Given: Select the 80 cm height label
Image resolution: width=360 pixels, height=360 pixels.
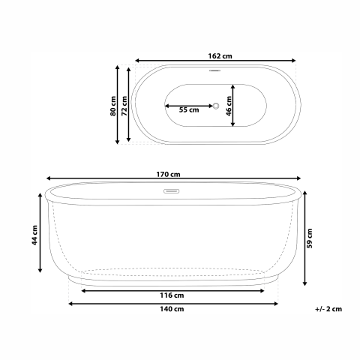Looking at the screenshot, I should click(113, 106).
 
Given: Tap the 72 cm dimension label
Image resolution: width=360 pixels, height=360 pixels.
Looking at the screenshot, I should click(124, 106).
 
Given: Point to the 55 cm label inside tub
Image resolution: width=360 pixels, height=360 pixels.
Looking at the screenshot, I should click(189, 110).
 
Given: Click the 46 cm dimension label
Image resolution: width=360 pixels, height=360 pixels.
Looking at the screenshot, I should click(239, 105).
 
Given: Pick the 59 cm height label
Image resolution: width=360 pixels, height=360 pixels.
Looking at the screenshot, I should click(309, 238).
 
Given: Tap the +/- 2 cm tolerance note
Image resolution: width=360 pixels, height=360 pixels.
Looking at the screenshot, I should click(328, 309).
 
